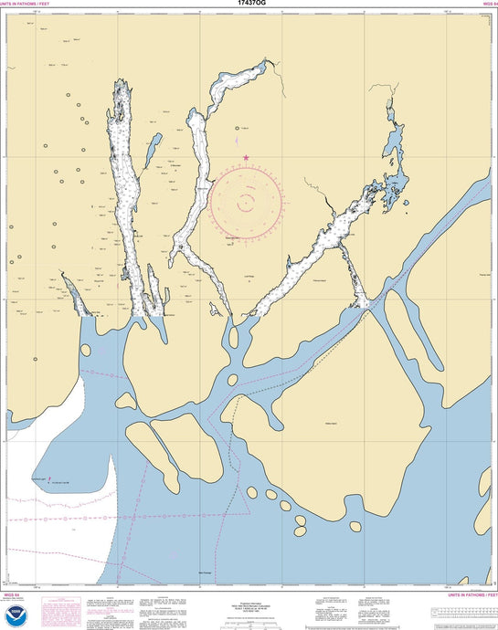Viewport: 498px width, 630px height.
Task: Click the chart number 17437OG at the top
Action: [248, 4]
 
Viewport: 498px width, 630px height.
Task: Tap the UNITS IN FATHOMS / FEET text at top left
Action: [26, 4]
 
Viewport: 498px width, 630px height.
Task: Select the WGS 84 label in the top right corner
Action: [489, 4]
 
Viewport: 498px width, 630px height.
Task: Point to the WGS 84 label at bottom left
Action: [13, 594]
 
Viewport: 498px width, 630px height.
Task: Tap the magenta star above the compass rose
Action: [245, 159]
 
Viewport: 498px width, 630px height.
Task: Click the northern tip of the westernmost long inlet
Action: [117, 83]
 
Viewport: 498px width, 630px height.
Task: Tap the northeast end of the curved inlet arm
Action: [267, 62]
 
